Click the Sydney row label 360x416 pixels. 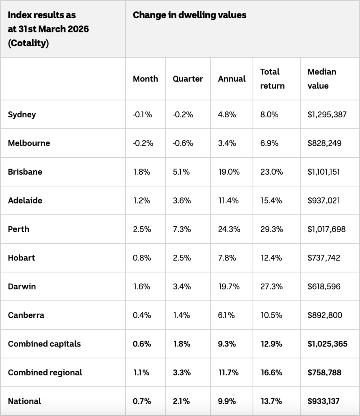point(22,115)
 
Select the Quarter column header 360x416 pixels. point(188,79)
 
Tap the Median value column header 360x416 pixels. point(322,79)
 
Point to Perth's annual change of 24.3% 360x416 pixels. point(229,229)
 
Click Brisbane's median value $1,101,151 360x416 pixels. point(324,172)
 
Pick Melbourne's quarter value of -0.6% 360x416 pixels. point(183,143)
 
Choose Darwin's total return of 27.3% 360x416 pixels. point(271,286)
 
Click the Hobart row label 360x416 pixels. point(22,258)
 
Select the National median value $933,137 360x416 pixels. point(324,401)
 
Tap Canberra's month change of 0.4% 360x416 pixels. point(142,315)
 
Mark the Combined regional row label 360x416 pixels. point(45,373)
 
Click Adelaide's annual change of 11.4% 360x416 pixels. point(228,201)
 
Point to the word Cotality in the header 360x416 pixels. point(28,43)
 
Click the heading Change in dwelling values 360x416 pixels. point(190,15)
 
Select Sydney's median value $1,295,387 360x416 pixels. point(327,115)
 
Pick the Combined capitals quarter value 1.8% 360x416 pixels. point(182,344)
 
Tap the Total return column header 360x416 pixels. point(273,79)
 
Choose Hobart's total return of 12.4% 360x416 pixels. point(271,258)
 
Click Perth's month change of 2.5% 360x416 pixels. point(142,229)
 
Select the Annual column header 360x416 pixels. point(232,79)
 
